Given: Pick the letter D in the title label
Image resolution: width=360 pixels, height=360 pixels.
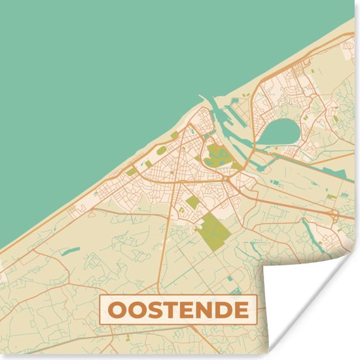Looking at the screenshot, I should [x=224, y=309].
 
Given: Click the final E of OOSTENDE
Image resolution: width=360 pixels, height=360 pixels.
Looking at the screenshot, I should [x=242, y=309].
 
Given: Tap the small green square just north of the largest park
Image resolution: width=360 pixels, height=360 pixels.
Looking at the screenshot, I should [x=192, y=201].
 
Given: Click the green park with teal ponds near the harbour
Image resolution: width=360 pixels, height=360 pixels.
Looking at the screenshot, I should [x=217, y=156].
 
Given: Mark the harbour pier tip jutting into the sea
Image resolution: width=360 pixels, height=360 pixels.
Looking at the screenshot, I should [x=199, y=99].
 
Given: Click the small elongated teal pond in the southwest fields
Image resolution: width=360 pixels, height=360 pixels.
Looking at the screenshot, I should [x=72, y=250].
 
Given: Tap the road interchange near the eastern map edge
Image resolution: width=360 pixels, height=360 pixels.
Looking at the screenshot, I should [x=334, y=214].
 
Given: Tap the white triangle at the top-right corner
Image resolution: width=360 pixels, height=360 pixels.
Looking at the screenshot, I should [x=350, y=9].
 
